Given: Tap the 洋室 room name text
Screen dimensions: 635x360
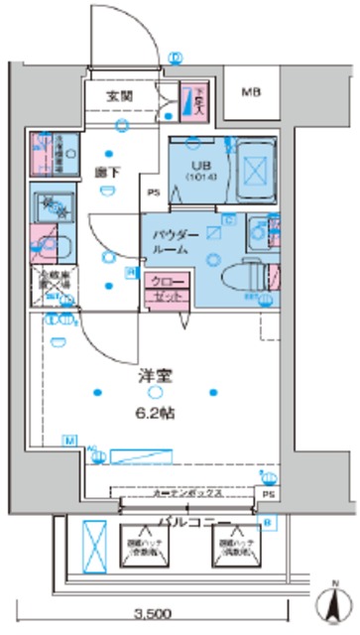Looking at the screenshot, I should click(x=156, y=378).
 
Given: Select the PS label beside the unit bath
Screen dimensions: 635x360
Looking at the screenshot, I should click(x=154, y=192).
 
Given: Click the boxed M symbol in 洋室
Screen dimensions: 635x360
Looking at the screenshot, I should click(x=67, y=440).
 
